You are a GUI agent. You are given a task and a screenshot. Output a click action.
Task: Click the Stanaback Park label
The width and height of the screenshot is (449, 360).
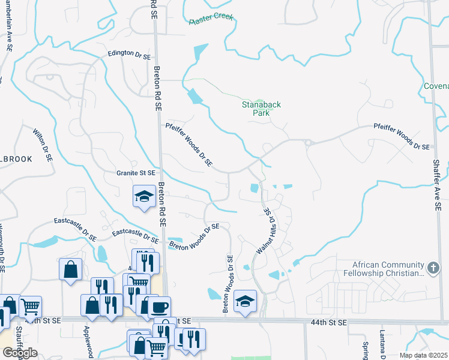coord(261,109)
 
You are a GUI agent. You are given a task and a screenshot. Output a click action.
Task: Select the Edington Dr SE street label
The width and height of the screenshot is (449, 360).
coord(129,54)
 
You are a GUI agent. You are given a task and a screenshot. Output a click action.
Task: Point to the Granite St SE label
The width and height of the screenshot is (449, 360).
coord(136,173)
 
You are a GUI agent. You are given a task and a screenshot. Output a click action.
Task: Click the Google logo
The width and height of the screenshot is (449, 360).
coord(20,353)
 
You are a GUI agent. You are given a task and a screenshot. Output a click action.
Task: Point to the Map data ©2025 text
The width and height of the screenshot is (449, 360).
coord(423,355)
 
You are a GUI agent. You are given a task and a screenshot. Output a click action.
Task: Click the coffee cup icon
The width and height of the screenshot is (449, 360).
coord(159,307)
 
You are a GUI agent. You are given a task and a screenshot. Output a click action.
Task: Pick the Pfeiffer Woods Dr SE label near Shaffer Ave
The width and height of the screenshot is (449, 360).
coord(402,137)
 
